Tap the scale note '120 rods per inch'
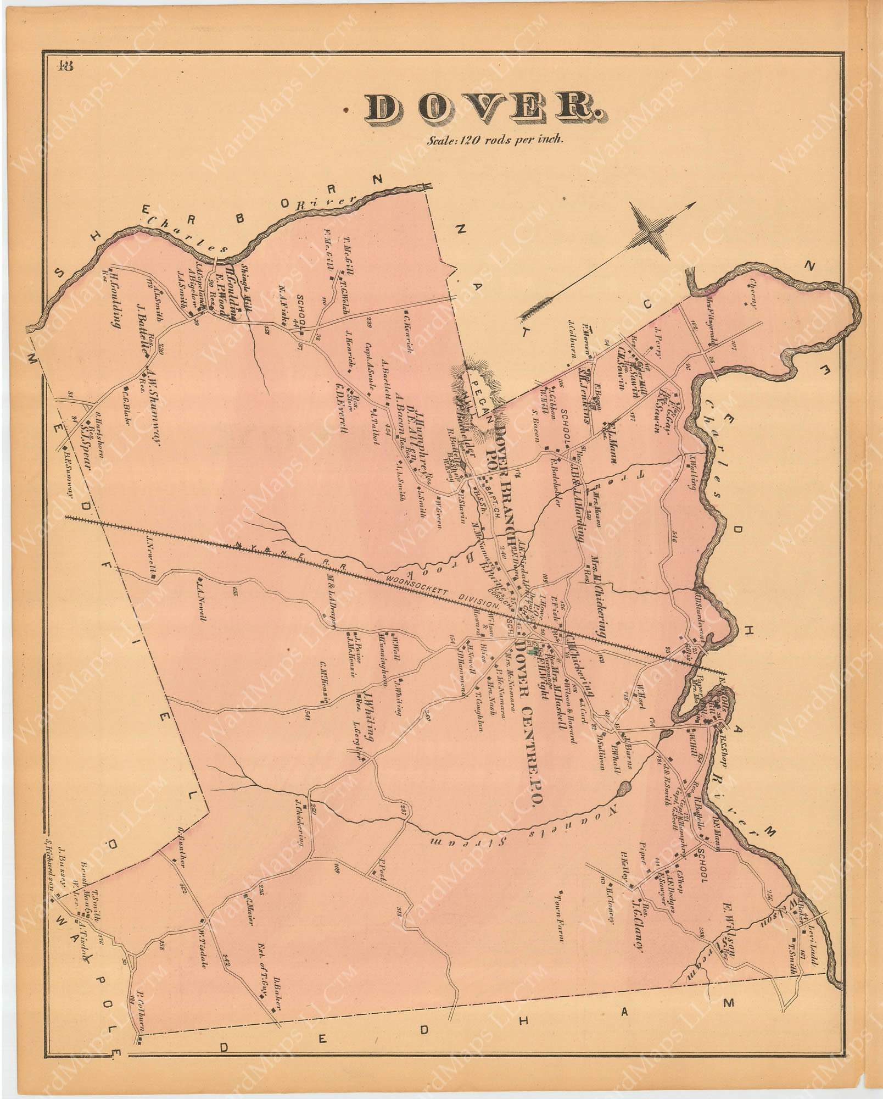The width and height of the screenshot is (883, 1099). pyautogui.click(x=496, y=140)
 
